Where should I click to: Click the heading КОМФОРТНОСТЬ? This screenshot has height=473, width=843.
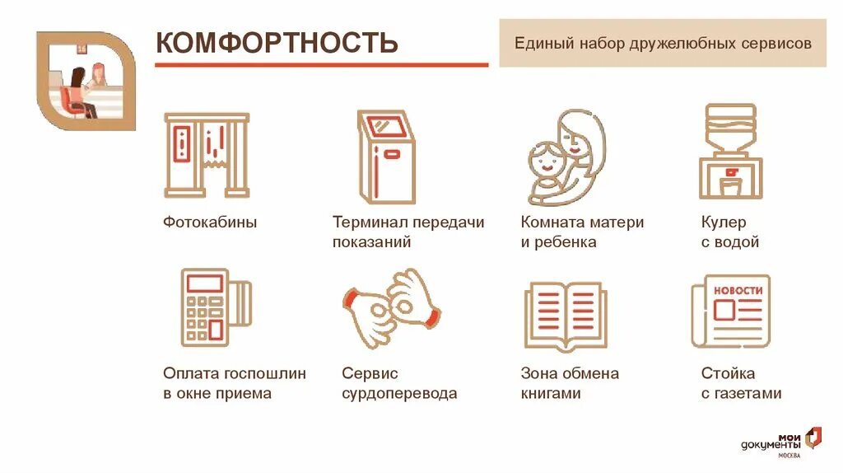click(x=277, y=43)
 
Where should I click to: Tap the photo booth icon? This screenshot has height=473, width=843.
click(x=207, y=156)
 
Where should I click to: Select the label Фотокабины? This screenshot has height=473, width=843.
click(x=210, y=222)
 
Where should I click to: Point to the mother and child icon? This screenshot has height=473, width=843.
click(x=566, y=158)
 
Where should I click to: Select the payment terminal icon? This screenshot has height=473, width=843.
click(x=214, y=307)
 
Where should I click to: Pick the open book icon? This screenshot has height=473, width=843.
click(x=566, y=314)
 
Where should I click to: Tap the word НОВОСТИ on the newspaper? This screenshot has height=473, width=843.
click(x=738, y=291)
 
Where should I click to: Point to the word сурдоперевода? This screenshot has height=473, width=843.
click(x=399, y=394)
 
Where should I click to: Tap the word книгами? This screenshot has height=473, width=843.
click(x=551, y=394)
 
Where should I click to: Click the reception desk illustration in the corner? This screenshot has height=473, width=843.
click(x=86, y=82)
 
